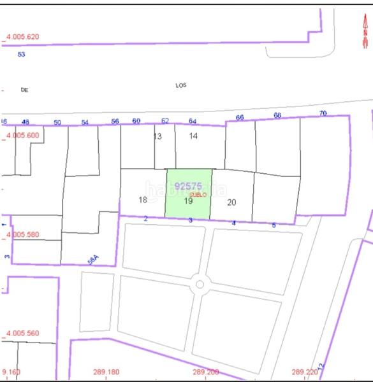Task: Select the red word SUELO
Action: [x=198, y=194]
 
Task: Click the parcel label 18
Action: [x=143, y=200]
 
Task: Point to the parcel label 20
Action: [x=231, y=202]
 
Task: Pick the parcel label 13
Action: [x=157, y=136]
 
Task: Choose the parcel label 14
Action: [x=193, y=136]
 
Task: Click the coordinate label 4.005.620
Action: [x=22, y=37]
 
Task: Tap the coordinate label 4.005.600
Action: [x=22, y=135]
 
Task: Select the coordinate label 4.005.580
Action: [x=22, y=234]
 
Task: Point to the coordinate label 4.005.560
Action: [x=22, y=333]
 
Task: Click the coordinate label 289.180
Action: [x=106, y=372]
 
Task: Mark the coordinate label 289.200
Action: [x=205, y=372]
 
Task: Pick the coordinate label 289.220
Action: [x=304, y=372]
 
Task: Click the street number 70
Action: [x=323, y=113]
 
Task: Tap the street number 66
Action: [x=240, y=117]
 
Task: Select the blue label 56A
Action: [x=94, y=260]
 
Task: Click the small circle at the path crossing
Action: [x=199, y=285]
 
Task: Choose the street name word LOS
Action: [x=181, y=85]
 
